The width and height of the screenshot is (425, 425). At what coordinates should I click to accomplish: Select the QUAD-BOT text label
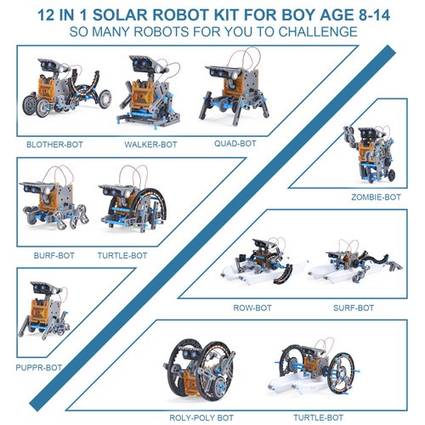(235, 144)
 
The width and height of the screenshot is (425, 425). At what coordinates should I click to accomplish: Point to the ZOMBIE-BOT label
(375, 197)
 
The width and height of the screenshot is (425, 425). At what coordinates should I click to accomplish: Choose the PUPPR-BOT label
(38, 368)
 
